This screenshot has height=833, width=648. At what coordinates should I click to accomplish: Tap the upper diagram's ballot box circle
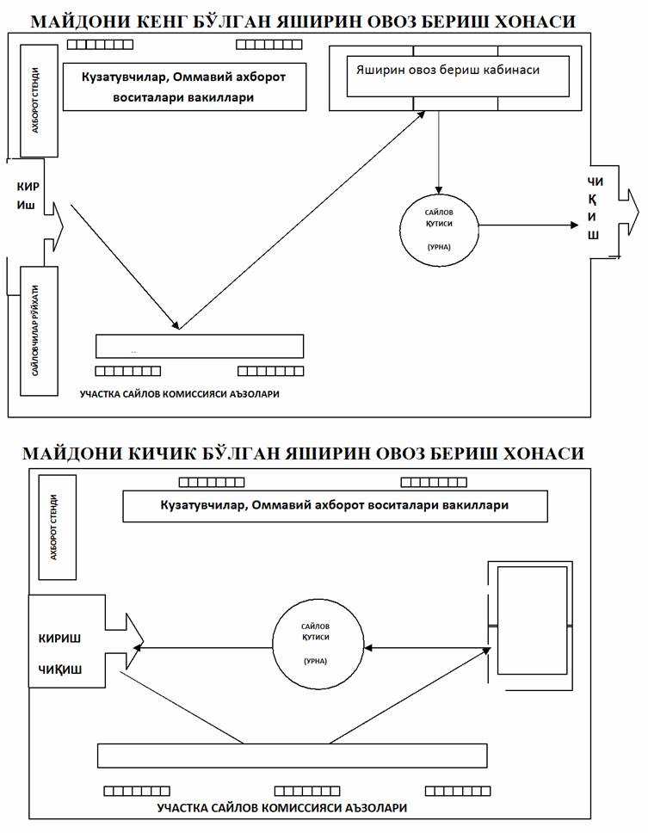click(x=439, y=226)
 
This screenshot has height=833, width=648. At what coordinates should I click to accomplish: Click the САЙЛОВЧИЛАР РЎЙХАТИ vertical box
click(x=39, y=330)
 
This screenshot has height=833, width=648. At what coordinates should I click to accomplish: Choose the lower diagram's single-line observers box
click(x=335, y=505)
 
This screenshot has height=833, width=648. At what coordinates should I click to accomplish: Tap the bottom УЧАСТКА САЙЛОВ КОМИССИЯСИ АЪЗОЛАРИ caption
click(x=282, y=808)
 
